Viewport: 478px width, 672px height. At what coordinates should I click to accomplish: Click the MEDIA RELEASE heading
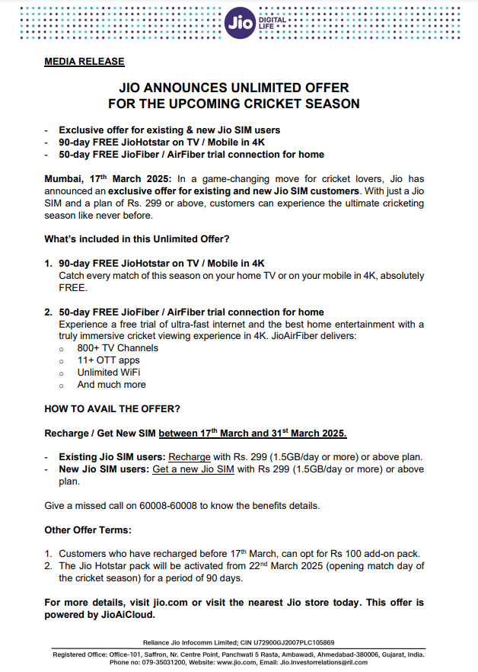84,62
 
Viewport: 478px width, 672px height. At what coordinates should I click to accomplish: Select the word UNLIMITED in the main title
253,88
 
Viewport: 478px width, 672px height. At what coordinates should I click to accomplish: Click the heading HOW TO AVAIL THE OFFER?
112,409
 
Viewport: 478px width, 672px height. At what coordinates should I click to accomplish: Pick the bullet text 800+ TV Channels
118,348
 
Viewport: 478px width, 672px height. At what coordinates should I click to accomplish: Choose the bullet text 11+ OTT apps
109,360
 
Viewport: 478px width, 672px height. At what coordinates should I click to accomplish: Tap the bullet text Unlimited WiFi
109,373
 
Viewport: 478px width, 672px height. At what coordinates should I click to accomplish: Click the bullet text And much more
112,385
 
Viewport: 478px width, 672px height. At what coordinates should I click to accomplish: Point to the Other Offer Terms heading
88,530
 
